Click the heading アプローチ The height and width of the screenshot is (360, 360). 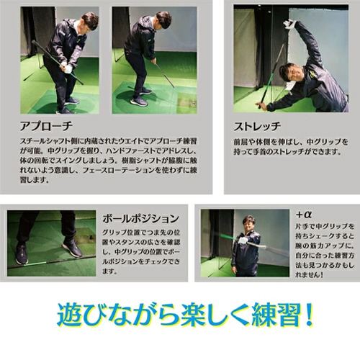(46, 126)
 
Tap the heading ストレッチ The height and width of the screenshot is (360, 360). (257, 126)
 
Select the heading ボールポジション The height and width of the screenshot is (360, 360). (141, 218)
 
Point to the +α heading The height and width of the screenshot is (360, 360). (304, 215)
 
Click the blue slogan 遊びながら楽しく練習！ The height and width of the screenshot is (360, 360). (185, 315)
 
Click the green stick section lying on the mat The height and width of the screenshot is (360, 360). (35, 264)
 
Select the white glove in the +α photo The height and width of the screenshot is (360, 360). (243, 240)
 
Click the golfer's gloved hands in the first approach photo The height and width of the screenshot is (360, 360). (66, 67)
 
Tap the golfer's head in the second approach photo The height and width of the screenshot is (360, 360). (163, 19)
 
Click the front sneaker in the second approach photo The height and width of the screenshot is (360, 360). (139, 102)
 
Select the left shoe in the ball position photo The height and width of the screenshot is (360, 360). (22, 254)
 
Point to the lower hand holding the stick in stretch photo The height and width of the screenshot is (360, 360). (261, 104)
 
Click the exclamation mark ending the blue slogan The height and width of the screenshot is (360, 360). (309, 315)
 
